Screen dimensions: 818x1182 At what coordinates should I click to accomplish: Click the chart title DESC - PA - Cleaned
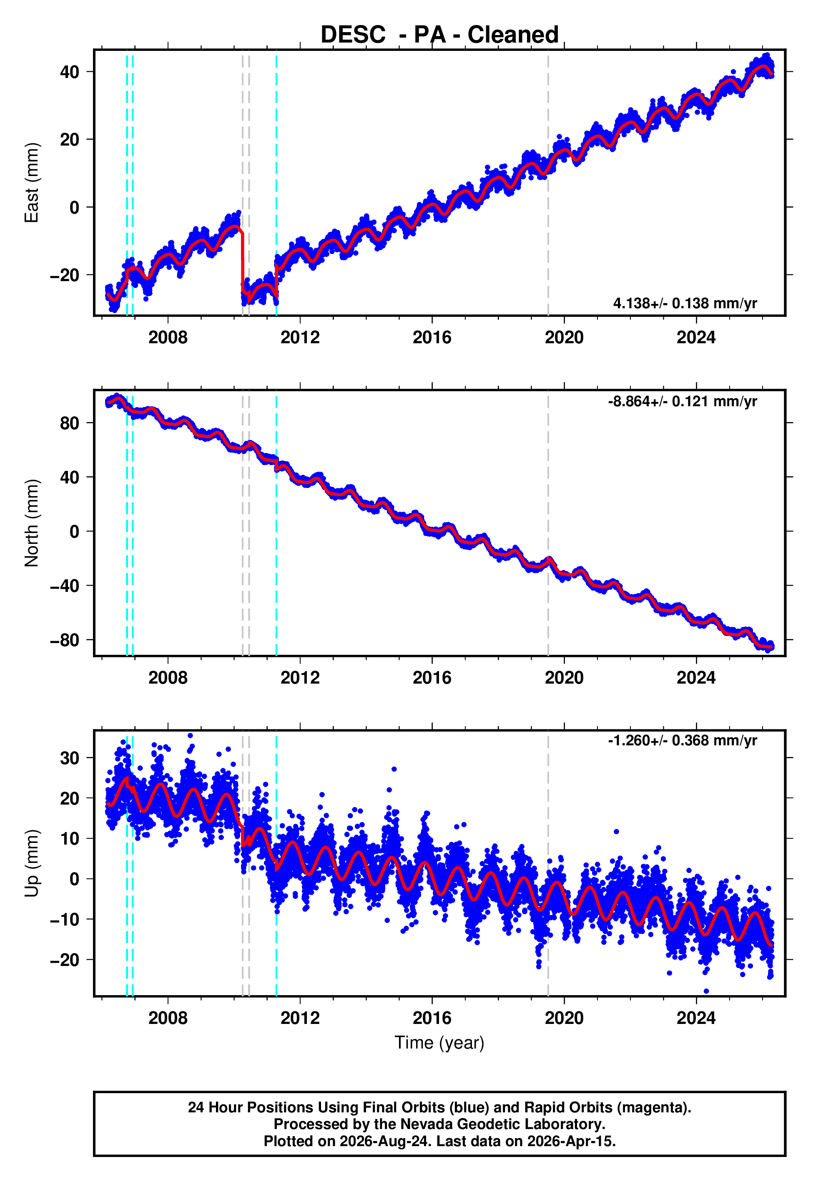[x=439, y=34]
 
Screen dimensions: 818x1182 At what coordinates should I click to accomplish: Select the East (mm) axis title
[x=32, y=183]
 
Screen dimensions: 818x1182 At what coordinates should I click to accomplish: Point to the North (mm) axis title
[x=32, y=523]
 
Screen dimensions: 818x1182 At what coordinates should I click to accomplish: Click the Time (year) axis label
[x=439, y=1043]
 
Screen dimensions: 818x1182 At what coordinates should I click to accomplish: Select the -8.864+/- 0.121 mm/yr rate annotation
[x=683, y=401]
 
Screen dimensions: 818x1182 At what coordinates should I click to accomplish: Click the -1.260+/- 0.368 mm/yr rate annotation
[x=683, y=741]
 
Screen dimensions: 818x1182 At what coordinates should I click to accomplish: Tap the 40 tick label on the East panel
[x=70, y=72]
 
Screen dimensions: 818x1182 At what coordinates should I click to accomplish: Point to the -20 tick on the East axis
[x=65, y=275]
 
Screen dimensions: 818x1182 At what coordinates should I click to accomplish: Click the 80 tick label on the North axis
[x=70, y=423]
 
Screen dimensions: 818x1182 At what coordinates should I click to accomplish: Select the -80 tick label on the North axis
[x=65, y=640]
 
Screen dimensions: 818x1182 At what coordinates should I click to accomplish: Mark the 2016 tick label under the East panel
[x=432, y=337]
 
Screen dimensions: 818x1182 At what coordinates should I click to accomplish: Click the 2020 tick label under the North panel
[x=564, y=678]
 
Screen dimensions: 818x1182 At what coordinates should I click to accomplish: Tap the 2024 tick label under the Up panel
[x=696, y=1018]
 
